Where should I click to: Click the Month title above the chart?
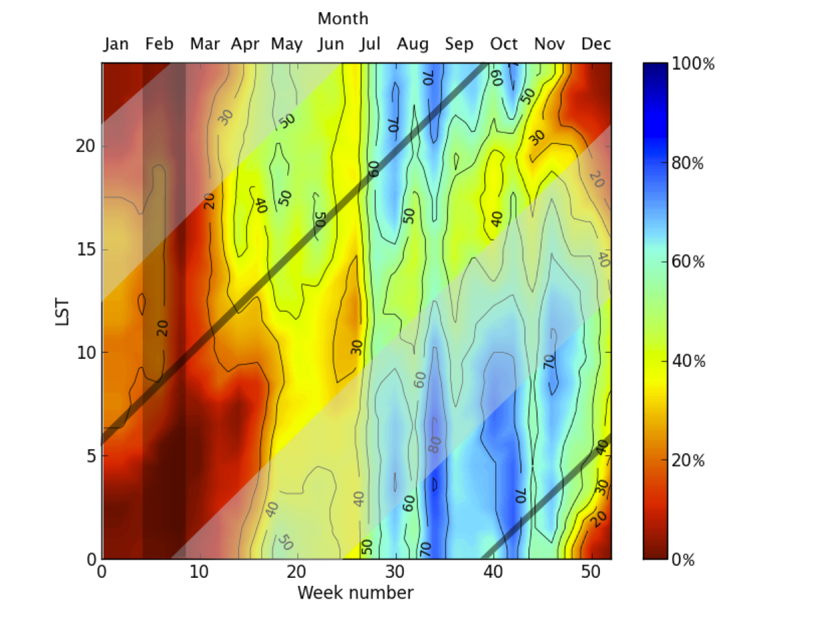(343, 18)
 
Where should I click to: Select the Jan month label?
(116, 44)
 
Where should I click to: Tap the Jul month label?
(370, 44)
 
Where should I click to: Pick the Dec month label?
(596, 44)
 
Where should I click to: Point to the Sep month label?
(459, 44)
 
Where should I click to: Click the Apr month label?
(245, 44)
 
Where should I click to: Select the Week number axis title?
(355, 593)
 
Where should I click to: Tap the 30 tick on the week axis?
(396, 572)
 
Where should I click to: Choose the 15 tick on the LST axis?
(84, 249)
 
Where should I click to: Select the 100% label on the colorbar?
(694, 64)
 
